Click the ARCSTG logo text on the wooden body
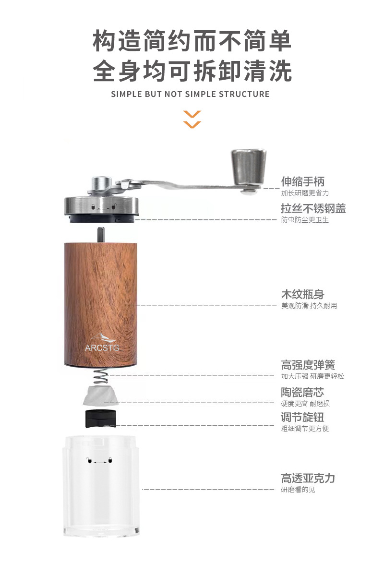[102, 348]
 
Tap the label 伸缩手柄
[302, 181]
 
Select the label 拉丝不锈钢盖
[313, 208]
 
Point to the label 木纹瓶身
[302, 294]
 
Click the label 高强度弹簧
[308, 365]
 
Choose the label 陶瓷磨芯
[302, 392]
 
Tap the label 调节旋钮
[302, 417]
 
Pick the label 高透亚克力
[308, 478]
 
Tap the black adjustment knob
[101, 419]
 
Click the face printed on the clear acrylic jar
[100, 461]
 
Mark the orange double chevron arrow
[192, 120]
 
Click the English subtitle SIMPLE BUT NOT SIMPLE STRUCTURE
[190, 94]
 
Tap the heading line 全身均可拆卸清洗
[192, 71]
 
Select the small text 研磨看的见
[298, 490]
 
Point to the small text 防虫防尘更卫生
[305, 220]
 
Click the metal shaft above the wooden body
[101, 235]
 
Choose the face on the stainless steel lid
[103, 208]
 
